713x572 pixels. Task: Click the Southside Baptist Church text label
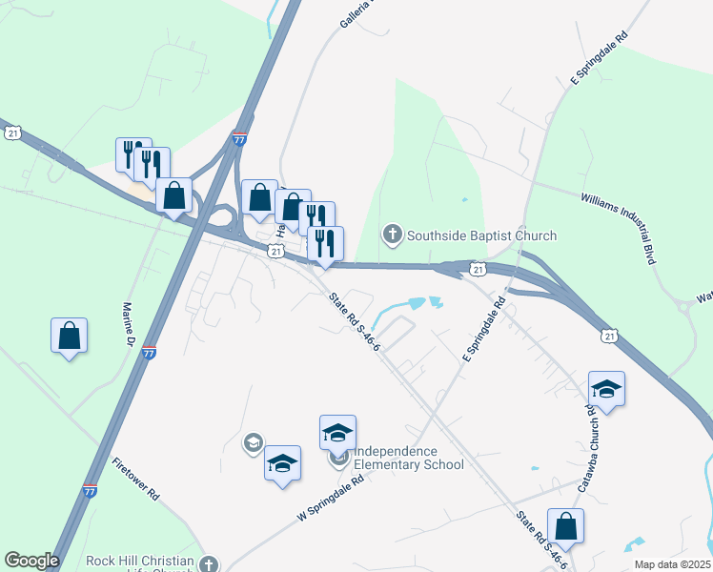481,235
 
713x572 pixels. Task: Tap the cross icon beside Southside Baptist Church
391,235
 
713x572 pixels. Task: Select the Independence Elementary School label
408,459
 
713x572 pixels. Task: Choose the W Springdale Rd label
331,498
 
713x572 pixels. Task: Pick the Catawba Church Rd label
585,447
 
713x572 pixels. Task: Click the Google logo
31,561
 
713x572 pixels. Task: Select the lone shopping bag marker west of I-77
70,336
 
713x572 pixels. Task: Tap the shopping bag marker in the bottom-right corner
565,526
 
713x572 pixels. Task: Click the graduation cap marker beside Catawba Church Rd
606,389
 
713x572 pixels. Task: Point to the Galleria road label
353,13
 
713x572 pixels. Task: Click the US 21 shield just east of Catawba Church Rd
610,335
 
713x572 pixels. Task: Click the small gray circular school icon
253,441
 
